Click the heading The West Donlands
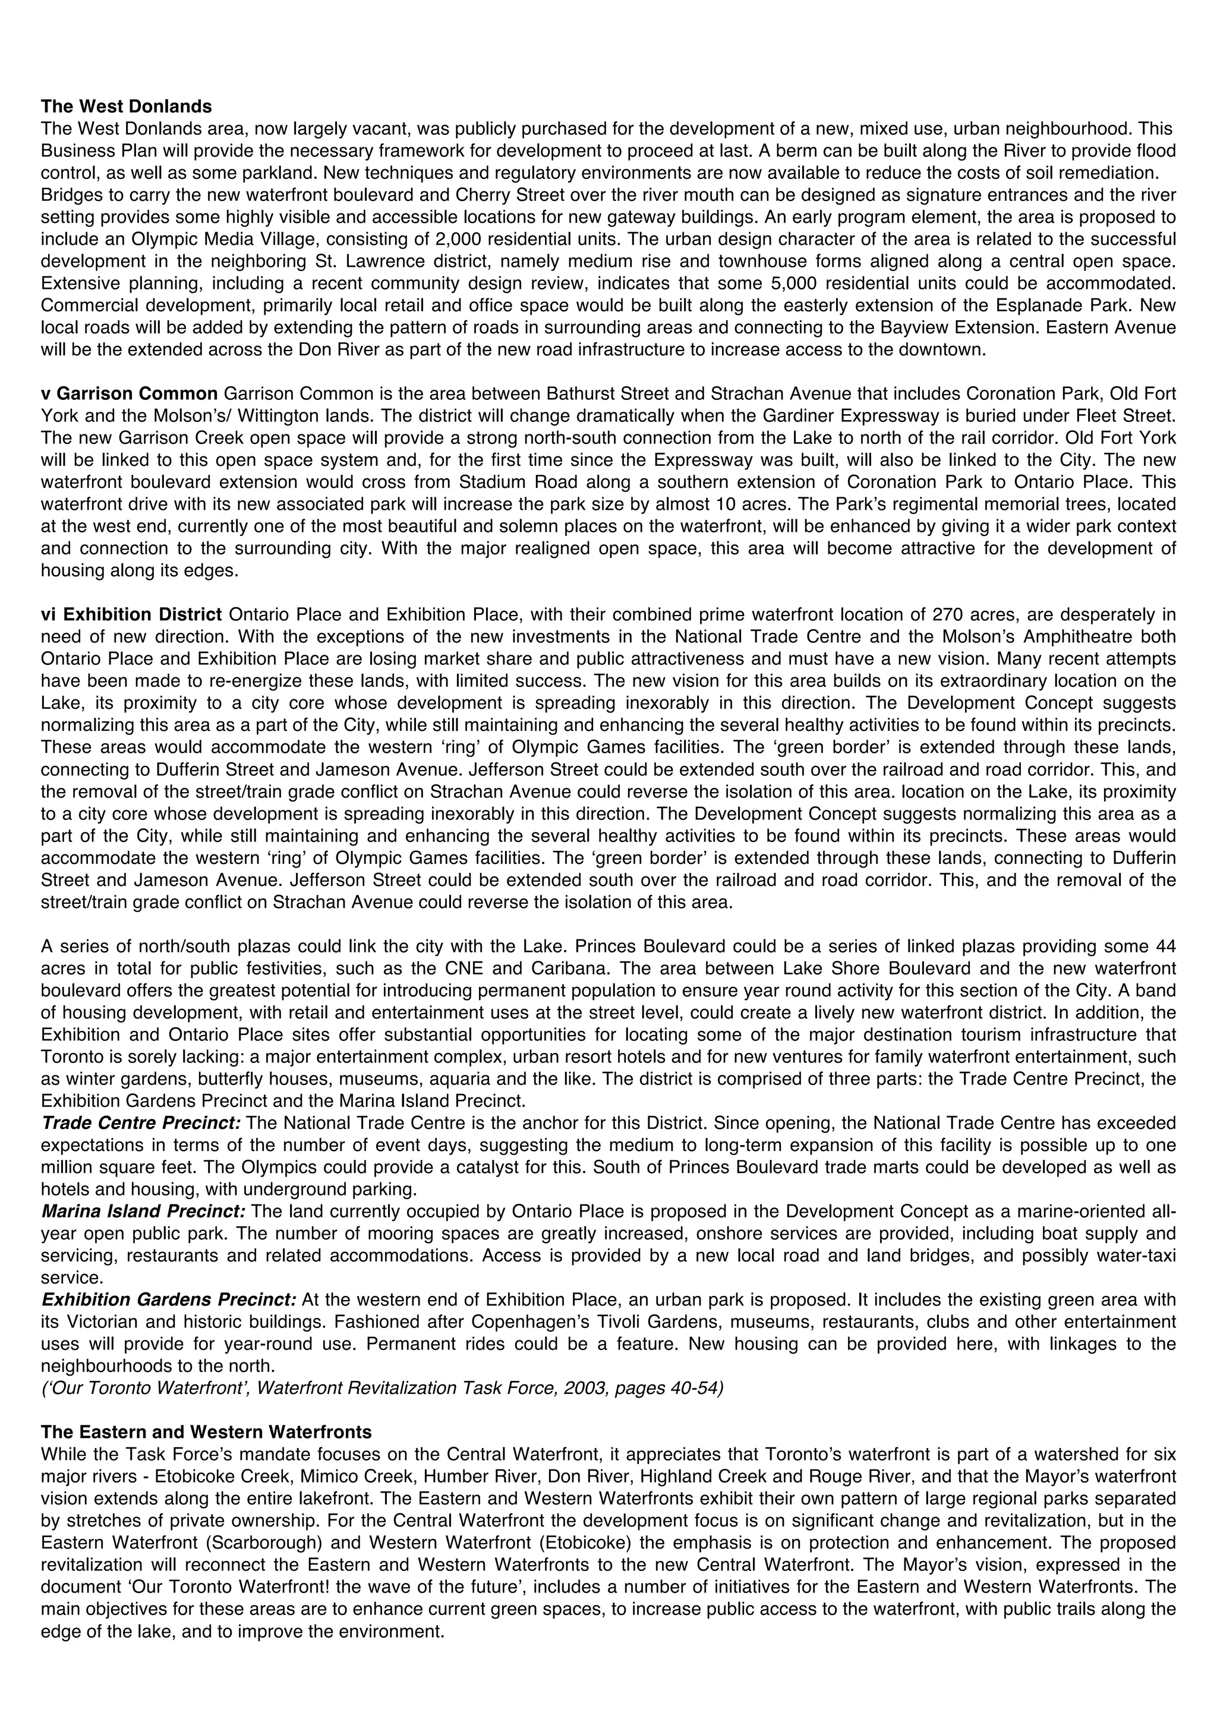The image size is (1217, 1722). (x=126, y=106)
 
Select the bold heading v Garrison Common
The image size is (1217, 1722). (x=129, y=394)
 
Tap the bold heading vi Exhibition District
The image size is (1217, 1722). (x=131, y=615)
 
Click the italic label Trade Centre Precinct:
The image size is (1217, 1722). (x=141, y=1123)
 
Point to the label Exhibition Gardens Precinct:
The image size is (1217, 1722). (x=169, y=1300)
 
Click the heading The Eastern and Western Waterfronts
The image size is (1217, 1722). (x=206, y=1433)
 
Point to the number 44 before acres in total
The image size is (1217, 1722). (x=1166, y=947)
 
